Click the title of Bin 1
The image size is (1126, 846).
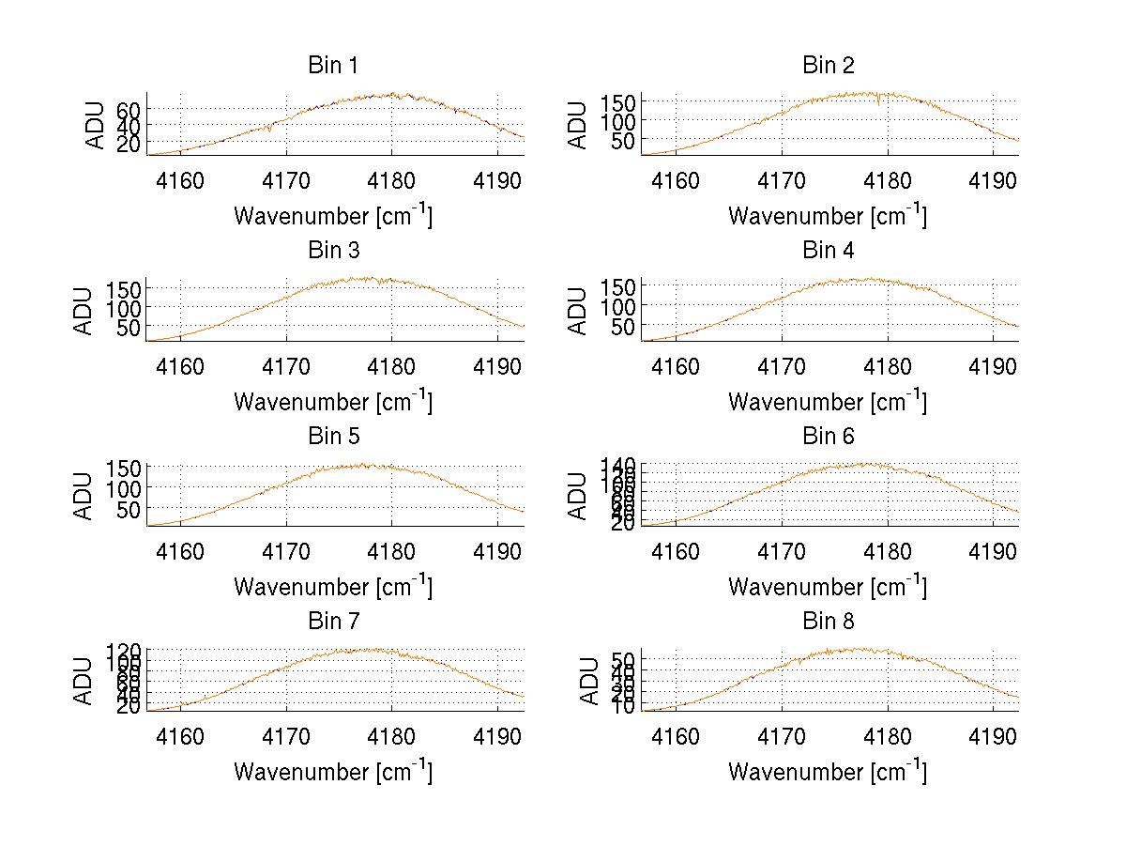(x=333, y=65)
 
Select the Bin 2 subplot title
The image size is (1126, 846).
(x=829, y=65)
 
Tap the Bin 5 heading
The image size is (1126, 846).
(x=333, y=436)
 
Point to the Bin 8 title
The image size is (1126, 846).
(x=829, y=621)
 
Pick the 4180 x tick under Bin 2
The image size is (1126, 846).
(x=887, y=180)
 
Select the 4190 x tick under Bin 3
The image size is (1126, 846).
(x=497, y=365)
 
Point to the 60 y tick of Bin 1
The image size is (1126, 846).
(x=128, y=109)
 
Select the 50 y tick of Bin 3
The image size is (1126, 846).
(x=128, y=326)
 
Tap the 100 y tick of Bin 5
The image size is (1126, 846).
(x=122, y=487)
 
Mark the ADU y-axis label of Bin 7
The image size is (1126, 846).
(x=84, y=681)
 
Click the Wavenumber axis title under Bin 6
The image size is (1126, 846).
(x=828, y=587)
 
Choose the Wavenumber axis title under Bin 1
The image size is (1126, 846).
(x=333, y=216)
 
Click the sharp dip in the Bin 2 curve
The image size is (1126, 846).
(x=878, y=104)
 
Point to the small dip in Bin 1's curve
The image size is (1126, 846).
(x=270, y=130)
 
